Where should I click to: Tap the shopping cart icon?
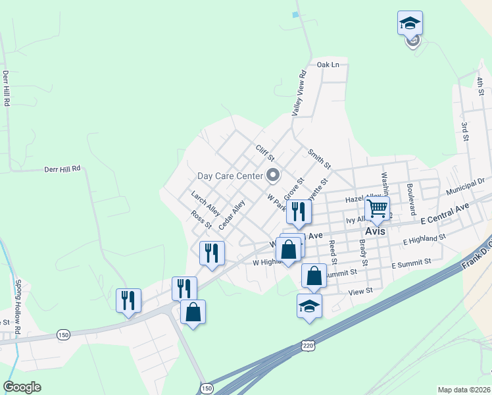tap(377, 209)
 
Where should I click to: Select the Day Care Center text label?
tap(230, 176)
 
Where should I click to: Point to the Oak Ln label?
tap(328, 65)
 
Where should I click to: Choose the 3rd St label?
tap(464, 132)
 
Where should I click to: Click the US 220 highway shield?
tap(307, 345)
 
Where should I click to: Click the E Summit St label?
tap(411, 263)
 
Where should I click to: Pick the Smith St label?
tap(319, 157)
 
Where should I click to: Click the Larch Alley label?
tap(205, 202)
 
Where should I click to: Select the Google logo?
tap(22, 387)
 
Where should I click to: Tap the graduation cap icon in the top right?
tap(410, 23)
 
